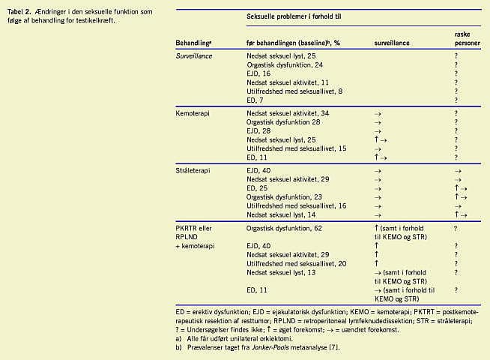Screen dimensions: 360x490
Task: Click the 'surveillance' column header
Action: [392, 44]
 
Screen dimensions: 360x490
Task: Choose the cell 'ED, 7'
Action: [255, 100]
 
